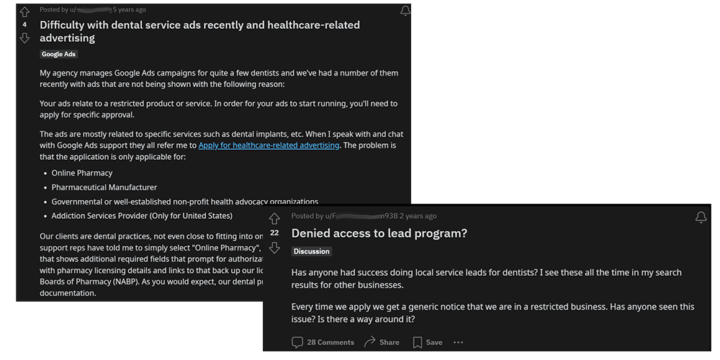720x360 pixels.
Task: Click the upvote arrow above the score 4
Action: pos(25,12)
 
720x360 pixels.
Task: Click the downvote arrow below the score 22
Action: pos(274,248)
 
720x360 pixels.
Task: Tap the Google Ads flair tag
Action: pos(59,54)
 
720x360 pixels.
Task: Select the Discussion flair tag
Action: pos(312,251)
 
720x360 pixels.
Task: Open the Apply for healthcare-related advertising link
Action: pos(269,145)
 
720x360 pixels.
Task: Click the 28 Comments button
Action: pos(323,342)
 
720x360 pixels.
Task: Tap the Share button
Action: pos(382,342)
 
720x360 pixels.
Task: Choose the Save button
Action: pos(428,342)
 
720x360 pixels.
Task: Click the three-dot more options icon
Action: pos(459,342)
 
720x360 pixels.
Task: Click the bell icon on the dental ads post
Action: pos(405,11)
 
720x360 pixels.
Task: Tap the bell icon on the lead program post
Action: pos(701,217)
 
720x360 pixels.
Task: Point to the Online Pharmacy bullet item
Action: pos(82,174)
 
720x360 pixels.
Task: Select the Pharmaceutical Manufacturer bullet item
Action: pos(104,187)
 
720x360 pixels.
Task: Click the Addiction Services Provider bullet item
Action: pos(142,215)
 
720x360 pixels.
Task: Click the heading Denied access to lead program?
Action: pos(379,233)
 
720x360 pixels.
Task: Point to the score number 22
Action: pos(274,233)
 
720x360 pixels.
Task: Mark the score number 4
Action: pos(25,24)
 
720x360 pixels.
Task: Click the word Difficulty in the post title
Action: pos(66,24)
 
